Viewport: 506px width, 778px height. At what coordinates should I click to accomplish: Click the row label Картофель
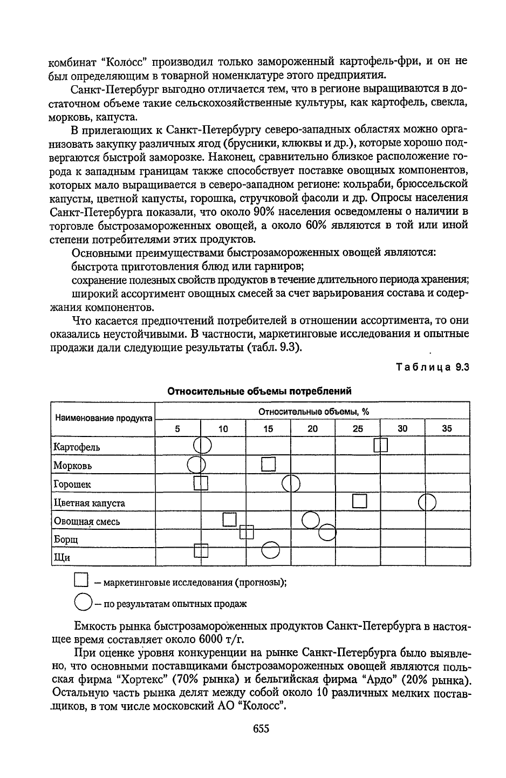point(77,447)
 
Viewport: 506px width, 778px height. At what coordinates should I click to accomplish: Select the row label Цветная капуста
point(89,503)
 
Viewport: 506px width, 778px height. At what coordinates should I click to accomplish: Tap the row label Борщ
point(66,539)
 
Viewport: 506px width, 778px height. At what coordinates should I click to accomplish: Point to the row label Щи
point(62,557)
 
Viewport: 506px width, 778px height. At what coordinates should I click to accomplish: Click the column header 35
point(447,429)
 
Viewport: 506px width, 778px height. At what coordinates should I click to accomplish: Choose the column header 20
point(312,429)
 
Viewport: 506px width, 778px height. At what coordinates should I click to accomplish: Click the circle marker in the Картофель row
point(202,445)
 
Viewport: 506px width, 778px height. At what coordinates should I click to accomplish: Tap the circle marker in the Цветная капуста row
point(427,502)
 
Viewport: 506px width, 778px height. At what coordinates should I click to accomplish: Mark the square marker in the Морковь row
point(268,464)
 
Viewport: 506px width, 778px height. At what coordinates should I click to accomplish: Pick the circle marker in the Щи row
point(270,550)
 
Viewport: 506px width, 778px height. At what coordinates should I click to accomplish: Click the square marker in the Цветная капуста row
point(359,501)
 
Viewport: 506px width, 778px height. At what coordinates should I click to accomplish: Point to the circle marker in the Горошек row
point(291,483)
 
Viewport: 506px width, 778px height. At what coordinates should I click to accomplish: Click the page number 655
point(261,729)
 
